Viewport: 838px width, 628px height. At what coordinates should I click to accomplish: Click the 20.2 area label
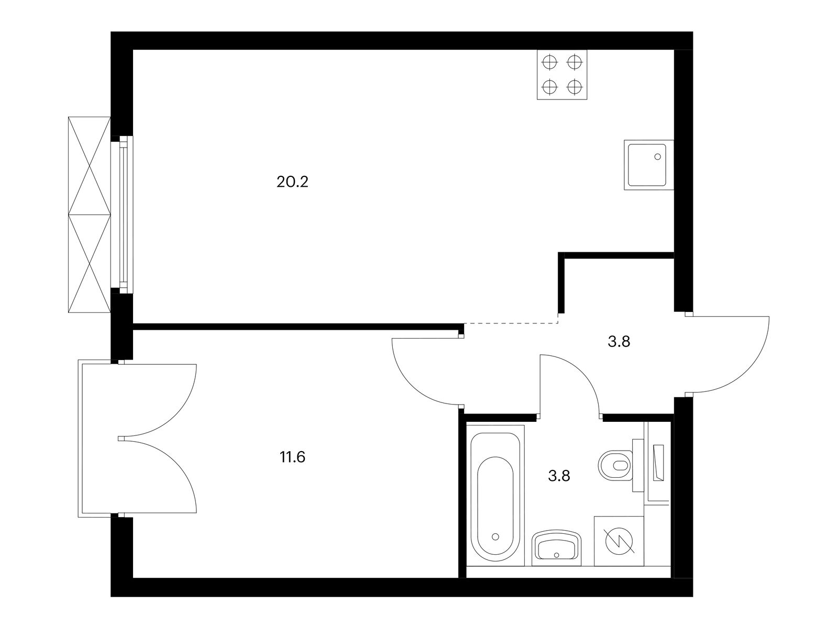point(292,182)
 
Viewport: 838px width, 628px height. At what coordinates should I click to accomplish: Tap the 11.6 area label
point(292,457)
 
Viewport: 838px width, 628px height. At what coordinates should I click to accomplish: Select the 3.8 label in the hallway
point(619,342)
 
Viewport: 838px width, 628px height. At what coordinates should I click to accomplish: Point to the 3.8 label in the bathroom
point(559,476)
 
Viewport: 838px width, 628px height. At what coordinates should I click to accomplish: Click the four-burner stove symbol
point(561,75)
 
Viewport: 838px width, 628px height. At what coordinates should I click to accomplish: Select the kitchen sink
point(648,165)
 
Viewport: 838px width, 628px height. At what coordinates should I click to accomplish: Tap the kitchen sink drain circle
point(657,156)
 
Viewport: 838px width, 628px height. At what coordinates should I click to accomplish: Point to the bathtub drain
point(495,536)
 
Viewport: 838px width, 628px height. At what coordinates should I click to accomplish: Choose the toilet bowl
point(615,466)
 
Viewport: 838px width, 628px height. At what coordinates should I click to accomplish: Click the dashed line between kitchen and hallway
point(511,323)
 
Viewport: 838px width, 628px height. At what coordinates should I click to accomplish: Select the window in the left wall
point(122,215)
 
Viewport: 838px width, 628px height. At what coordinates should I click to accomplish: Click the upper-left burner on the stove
point(549,62)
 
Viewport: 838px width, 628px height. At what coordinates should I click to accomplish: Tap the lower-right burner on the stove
point(574,87)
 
